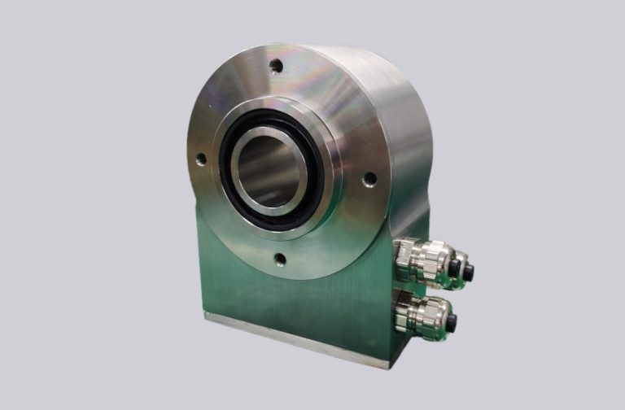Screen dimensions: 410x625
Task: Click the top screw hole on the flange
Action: click(x=278, y=66)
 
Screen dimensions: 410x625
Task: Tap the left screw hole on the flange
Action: click(x=200, y=160)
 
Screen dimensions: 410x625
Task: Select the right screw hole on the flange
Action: click(x=369, y=178)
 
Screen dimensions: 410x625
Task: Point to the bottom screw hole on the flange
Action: click(x=280, y=260)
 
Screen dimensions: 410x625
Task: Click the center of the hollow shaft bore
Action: click(x=266, y=166)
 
